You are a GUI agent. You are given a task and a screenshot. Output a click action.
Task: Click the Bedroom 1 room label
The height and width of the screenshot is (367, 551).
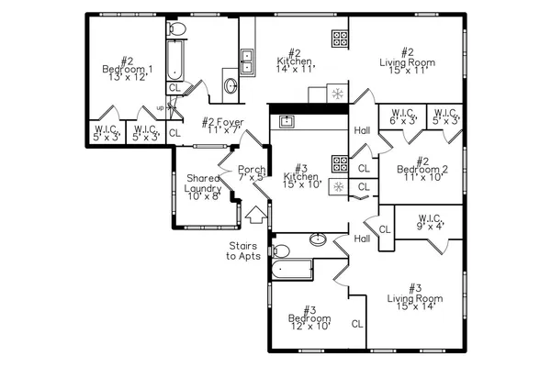click(x=127, y=74)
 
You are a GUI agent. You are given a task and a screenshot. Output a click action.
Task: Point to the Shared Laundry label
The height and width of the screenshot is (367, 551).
click(x=203, y=187)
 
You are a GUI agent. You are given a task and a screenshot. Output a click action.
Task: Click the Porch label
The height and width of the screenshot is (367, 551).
click(x=252, y=173)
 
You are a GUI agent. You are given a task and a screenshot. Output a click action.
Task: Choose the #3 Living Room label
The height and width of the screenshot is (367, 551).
click(x=414, y=297)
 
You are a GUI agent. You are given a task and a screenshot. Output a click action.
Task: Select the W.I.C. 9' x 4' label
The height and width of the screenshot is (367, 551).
click(x=429, y=223)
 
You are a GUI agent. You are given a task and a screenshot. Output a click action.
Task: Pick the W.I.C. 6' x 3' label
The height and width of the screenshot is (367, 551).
click(x=402, y=117)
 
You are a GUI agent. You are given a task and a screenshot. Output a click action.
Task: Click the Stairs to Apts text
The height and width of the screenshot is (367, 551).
click(x=244, y=250)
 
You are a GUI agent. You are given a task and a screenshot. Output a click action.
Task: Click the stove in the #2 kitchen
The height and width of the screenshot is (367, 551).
click(x=340, y=39)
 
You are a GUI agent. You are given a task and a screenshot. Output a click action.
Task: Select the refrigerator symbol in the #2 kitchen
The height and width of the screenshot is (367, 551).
click(x=338, y=94)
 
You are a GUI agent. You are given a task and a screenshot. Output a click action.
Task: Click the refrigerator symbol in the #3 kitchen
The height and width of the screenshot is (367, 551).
click(x=338, y=187)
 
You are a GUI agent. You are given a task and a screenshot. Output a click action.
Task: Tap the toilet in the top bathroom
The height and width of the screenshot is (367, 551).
click(x=178, y=30)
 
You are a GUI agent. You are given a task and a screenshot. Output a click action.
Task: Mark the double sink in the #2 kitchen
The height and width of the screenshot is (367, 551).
click(x=247, y=60)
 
